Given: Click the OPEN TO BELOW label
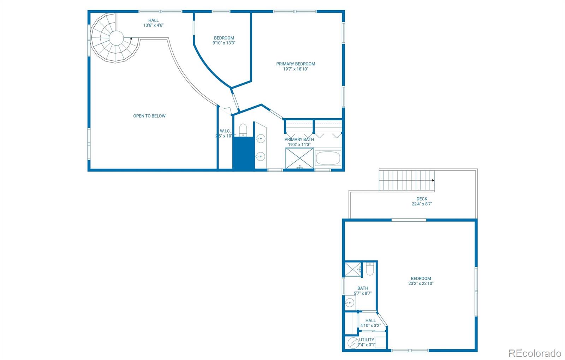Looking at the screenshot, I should click(149, 116).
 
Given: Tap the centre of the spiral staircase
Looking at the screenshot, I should click(116, 38).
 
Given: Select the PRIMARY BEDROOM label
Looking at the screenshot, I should click(296, 64).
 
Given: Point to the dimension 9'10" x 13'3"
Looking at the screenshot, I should click(224, 43).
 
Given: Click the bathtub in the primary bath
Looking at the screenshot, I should click(328, 158).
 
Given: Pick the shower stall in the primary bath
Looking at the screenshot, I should click(299, 158).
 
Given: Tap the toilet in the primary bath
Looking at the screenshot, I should click(243, 130).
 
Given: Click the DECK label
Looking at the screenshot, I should click(422, 199).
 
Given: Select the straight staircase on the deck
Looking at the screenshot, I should click(406, 180).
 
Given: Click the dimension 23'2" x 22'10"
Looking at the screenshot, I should click(421, 283).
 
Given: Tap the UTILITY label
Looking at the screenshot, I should click(367, 340).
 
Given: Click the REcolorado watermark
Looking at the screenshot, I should click(534, 353).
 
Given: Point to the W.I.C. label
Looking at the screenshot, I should click(225, 131).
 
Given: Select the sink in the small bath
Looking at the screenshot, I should click(350, 303).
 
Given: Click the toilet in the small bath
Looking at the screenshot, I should click(370, 269).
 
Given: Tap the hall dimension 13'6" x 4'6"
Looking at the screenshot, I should click(153, 25).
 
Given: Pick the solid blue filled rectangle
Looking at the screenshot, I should click(243, 154).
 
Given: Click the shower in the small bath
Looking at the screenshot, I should click(353, 270).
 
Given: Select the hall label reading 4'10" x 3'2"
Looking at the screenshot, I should click(370, 326).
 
